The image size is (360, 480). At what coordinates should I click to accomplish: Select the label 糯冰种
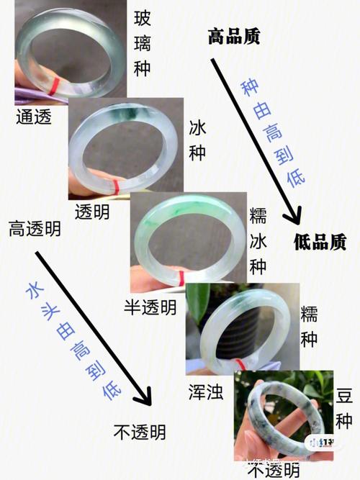tap(258, 242)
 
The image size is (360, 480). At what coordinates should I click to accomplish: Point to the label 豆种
tap(344, 409)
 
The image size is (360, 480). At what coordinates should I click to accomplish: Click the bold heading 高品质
tap(234, 37)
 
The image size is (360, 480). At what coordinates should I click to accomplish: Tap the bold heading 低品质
tap(320, 242)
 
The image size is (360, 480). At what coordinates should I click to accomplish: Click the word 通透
tap(34, 117)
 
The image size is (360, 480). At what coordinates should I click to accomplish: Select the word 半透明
tap(150, 307)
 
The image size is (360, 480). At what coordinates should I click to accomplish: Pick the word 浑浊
tap(206, 391)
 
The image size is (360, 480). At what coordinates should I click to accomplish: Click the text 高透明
tap(35, 229)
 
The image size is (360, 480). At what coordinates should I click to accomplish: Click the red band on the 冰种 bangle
tap(116, 187)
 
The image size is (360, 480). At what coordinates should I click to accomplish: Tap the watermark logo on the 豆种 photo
tap(321, 442)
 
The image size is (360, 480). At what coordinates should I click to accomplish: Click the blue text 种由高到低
tap(273, 133)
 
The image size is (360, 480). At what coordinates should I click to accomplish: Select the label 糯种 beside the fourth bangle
tap(309, 326)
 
